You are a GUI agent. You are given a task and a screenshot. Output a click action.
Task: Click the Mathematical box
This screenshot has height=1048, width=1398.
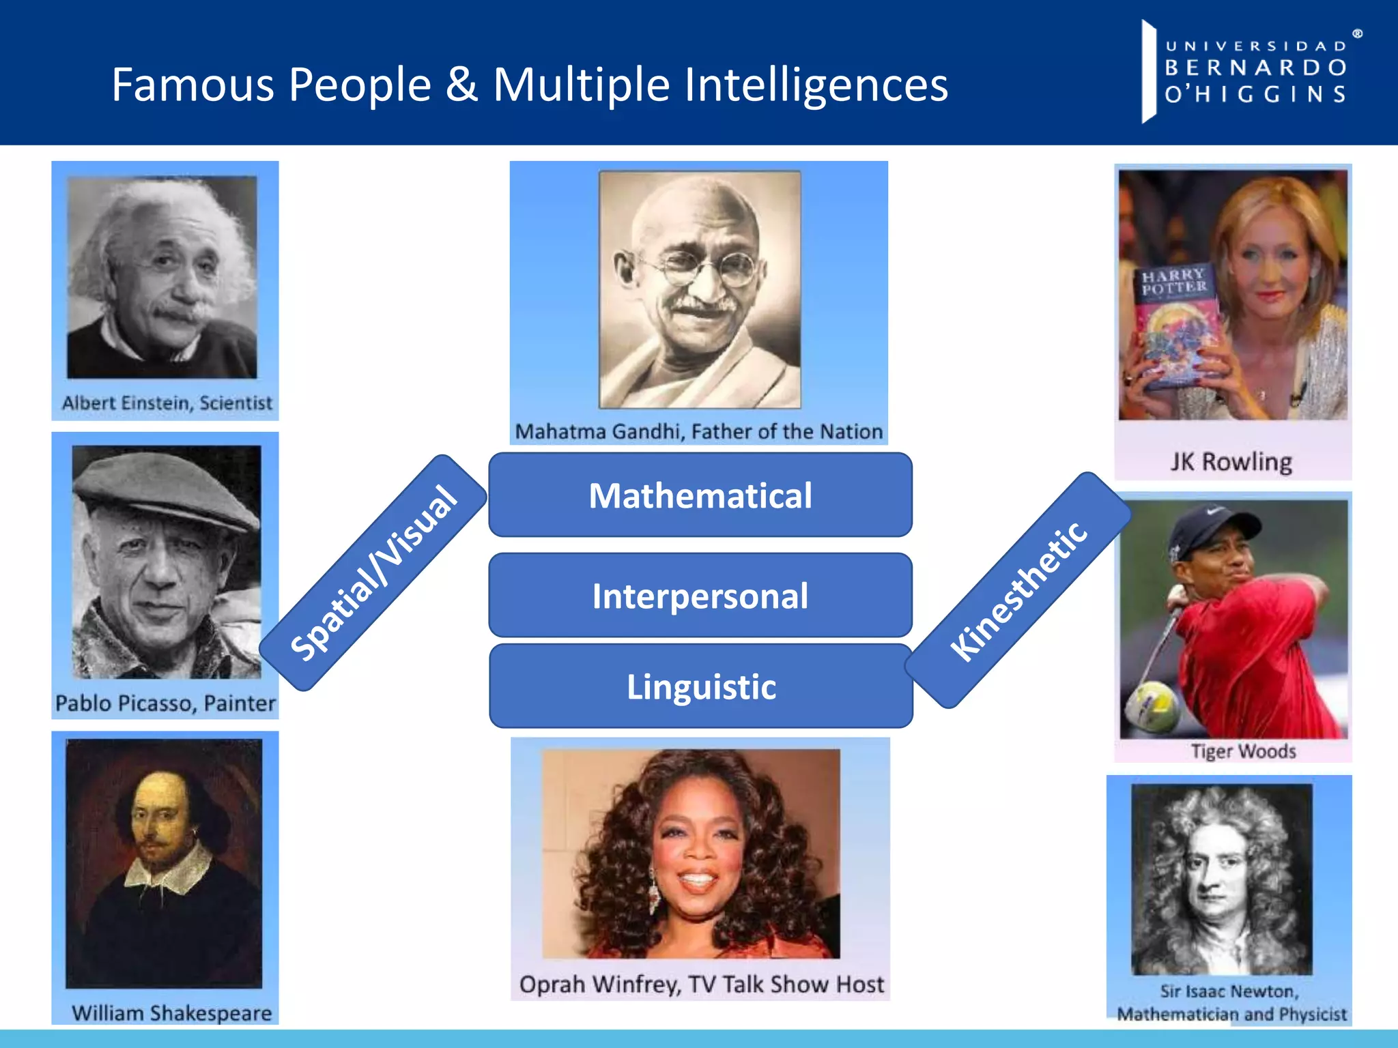(x=700, y=495)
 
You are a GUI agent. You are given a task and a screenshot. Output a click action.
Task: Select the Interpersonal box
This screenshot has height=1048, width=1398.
(x=700, y=595)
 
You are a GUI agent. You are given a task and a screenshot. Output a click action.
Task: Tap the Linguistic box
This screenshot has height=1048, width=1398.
(x=701, y=686)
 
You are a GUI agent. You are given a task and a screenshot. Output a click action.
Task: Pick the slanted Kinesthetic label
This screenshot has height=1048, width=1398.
(x=1018, y=591)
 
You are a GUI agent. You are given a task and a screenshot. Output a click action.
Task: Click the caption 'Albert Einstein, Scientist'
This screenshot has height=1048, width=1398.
(x=167, y=403)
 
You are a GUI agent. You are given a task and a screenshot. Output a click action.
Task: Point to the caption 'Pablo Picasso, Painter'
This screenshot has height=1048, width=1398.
(x=165, y=703)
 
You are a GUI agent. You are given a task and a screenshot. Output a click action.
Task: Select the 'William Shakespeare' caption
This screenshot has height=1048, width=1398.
(x=171, y=1013)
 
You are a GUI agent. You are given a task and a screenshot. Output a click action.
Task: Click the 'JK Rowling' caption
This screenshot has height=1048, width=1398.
(x=1231, y=462)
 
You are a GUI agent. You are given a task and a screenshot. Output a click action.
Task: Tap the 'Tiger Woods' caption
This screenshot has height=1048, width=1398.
(x=1243, y=751)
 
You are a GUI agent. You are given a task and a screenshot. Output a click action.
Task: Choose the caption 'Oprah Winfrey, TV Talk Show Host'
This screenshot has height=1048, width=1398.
(x=701, y=984)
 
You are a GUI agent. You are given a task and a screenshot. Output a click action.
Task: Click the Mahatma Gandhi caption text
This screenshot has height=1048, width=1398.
(x=698, y=431)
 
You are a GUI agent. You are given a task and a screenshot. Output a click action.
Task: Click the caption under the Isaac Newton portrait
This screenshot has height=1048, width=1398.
(x=1231, y=1002)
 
